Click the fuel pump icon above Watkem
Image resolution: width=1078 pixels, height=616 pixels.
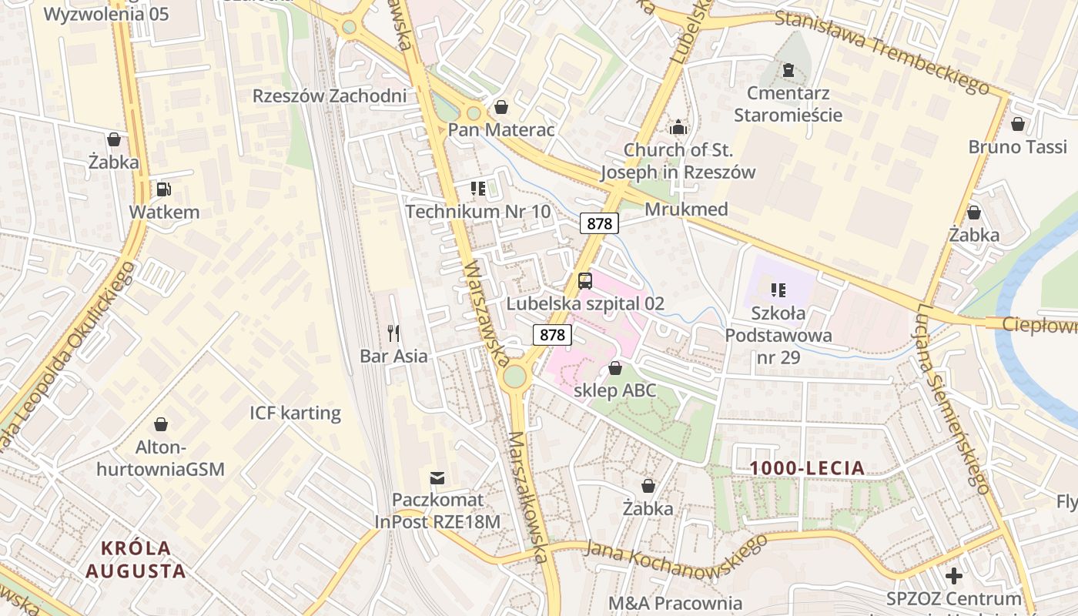[x=163, y=189]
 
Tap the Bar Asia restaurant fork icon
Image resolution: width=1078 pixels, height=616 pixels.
[x=393, y=333]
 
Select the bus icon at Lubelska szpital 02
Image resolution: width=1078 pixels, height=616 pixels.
[x=585, y=280]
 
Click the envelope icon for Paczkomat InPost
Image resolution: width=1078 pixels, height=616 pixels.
[x=437, y=478]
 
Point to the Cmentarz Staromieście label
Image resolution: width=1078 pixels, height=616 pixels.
[x=788, y=105]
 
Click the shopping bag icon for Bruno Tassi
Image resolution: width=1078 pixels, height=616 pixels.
[x=1018, y=124]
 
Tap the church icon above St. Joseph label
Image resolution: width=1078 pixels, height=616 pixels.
[x=678, y=127]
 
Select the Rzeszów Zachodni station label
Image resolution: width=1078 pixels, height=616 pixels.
[x=330, y=96]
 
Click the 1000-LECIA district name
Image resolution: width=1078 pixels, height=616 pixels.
[x=807, y=468]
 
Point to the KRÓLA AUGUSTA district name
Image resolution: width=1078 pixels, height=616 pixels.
[x=136, y=560]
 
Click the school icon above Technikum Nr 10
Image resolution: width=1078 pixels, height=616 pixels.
[x=477, y=189]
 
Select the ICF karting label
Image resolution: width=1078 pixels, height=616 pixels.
[x=295, y=413]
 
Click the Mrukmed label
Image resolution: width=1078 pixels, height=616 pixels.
[x=686, y=209]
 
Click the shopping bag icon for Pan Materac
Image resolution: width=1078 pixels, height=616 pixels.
[x=501, y=107]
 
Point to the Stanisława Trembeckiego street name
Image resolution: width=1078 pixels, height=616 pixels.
[x=881, y=52]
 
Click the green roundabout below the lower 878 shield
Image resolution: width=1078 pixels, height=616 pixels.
[x=514, y=377]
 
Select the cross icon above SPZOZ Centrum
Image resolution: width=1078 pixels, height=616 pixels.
[x=954, y=575]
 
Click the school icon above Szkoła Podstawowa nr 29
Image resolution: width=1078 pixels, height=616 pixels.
[x=778, y=290]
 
